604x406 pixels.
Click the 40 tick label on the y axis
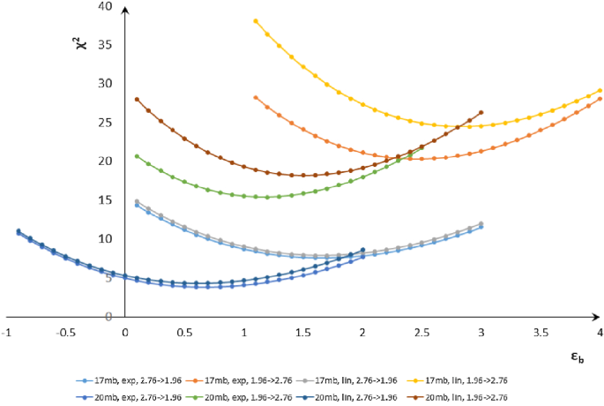(107, 6)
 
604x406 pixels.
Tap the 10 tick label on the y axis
(107, 238)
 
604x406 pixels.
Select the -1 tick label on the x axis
(7, 332)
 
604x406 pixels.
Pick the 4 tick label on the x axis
(600, 332)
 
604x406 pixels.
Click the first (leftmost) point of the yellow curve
(256, 21)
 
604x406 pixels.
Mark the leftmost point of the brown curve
(137, 99)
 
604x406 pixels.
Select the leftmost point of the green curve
(137, 156)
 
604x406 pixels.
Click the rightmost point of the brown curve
(481, 112)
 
